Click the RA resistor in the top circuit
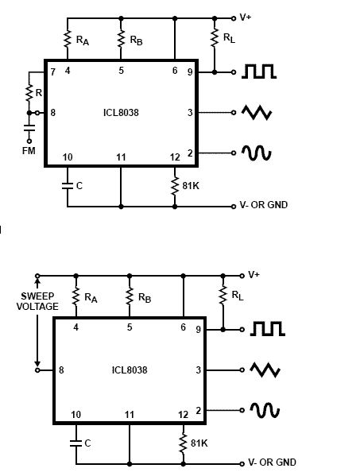coord(68,39)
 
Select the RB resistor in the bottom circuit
coord(130,296)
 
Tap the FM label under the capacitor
coord(29,150)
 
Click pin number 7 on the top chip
coord(53,72)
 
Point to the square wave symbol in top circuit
coord(259,72)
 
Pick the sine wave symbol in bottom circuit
coord(265,410)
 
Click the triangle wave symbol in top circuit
coord(257,113)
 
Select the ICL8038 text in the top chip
coord(121,113)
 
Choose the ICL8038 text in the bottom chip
coord(130,370)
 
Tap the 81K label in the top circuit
coord(191,185)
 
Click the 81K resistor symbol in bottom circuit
coord(183,443)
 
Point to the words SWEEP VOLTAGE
coord(37,301)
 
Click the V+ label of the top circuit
coord(246,17)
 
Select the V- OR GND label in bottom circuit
coord(272,462)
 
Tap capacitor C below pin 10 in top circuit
coord(68,185)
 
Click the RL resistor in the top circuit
coord(215,38)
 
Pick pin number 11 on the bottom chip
coord(130,414)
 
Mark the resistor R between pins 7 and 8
coord(29,93)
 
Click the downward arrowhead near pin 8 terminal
coord(37,363)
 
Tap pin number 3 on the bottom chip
coord(198,370)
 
